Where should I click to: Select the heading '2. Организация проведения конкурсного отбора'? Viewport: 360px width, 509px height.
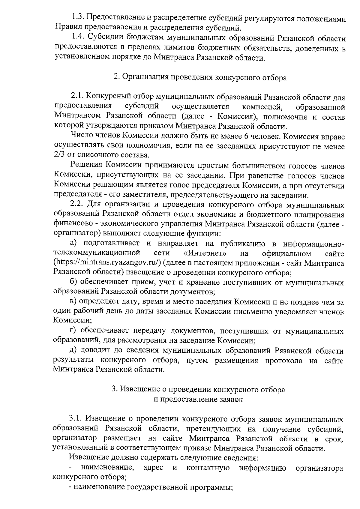pos(200,77)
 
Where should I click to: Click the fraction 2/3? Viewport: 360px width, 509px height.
pos(60,155)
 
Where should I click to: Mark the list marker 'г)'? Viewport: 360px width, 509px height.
pos(73,331)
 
